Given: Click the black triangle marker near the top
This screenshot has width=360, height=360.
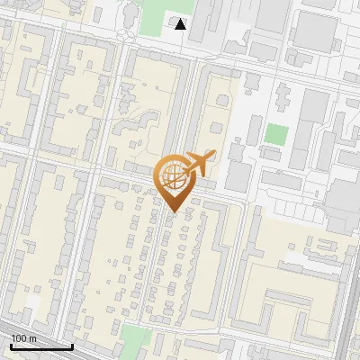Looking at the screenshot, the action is (181, 24).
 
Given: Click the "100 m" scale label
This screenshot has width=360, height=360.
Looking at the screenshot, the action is (23, 338).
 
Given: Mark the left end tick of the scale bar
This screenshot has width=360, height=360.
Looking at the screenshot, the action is (11, 346).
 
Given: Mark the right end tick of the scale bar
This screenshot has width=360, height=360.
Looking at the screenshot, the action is (72, 346).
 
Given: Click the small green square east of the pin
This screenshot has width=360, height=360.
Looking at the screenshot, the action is (276, 135).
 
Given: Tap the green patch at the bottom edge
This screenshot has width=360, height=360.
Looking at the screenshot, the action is (135, 340).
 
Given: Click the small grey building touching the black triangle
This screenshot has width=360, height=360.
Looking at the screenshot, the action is (174, 20).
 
